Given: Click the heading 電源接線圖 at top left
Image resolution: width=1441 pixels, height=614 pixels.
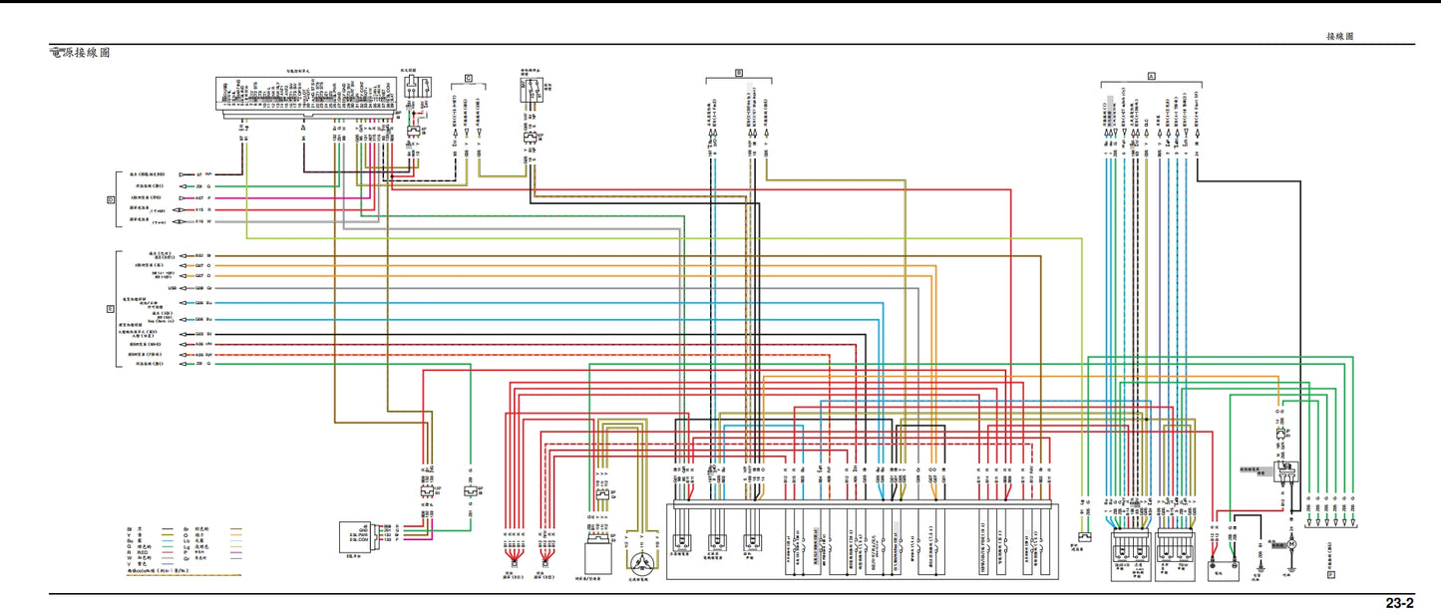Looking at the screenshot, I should (x=80, y=52).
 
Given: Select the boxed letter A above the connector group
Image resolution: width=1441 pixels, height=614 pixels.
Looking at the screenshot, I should (x=1151, y=76).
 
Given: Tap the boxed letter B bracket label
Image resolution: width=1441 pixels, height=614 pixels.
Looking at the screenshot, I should (x=739, y=73).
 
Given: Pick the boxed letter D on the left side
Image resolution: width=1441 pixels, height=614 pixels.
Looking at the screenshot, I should (x=112, y=199).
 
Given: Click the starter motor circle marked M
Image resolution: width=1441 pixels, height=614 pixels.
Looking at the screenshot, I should (x=1289, y=544).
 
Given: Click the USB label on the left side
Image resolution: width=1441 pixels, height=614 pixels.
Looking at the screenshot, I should (x=173, y=288).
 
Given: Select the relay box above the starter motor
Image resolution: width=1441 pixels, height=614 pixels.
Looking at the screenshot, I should (x=1289, y=468).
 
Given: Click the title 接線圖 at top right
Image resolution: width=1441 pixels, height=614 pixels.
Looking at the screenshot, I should (x=1339, y=36).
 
